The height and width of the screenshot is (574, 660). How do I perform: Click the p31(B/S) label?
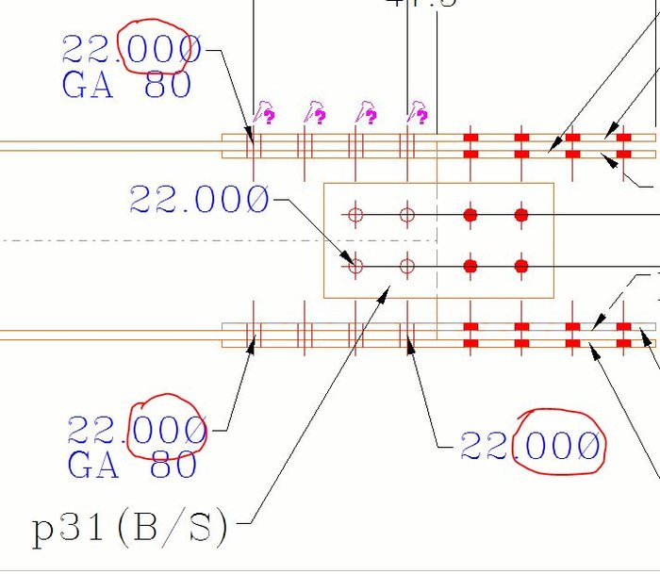[130, 528]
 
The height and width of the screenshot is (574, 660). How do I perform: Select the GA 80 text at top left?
[126, 86]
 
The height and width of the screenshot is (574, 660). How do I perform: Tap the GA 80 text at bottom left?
[132, 465]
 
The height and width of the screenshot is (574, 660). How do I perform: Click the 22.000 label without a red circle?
[199, 199]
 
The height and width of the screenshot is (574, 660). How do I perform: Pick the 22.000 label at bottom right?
[530, 446]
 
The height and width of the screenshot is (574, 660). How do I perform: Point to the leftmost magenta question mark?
[267, 116]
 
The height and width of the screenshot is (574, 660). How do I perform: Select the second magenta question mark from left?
[318, 116]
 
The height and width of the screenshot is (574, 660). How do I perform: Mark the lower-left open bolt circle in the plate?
[355, 267]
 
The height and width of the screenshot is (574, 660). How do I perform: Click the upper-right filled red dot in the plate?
[521, 215]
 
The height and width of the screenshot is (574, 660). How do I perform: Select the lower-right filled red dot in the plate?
[521, 267]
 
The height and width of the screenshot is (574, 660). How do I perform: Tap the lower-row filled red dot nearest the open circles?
[470, 267]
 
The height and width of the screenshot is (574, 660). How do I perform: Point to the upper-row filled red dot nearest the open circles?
[470, 215]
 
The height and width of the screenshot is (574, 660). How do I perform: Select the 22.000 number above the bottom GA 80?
[137, 432]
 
